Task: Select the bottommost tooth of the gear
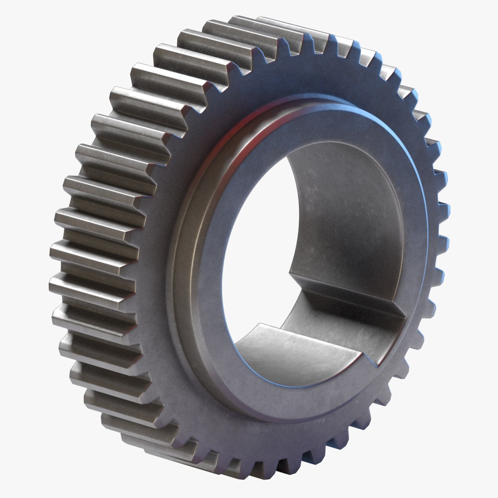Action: [x=258, y=470]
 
